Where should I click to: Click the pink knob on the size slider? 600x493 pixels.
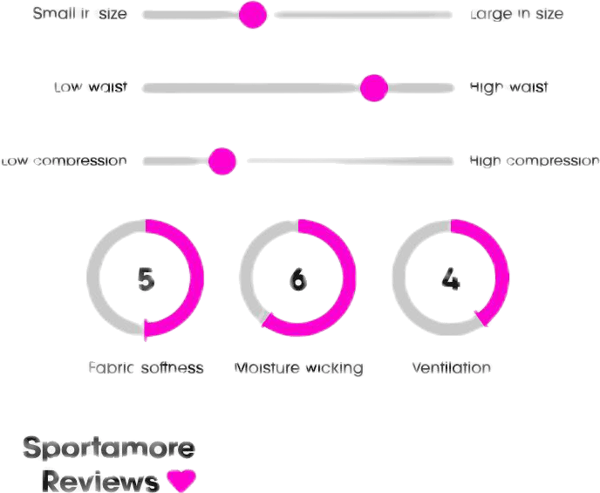tap(253, 15)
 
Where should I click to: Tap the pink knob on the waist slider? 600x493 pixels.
tap(374, 88)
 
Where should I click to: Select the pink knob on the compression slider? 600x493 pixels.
tap(222, 161)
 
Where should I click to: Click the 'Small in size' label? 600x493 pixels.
tap(79, 14)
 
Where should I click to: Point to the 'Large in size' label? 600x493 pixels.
tap(516, 14)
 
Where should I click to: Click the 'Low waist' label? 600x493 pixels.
tap(91, 87)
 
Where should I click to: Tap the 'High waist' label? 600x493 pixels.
tap(508, 87)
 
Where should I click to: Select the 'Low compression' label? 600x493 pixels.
tap(64, 161)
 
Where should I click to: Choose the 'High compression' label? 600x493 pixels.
tap(535, 161)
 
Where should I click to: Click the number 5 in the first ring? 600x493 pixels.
tap(146, 279)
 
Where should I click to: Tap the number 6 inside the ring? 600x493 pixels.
tap(298, 279)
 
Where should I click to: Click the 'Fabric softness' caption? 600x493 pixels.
tap(146, 368)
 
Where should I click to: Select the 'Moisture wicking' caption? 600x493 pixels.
tap(298, 368)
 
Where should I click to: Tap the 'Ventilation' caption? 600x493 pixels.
tap(452, 368)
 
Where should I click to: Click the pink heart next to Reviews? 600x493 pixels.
tap(181, 480)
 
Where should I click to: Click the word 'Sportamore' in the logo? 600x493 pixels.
tap(109, 448)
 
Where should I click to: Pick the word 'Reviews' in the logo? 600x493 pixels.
tap(100, 481)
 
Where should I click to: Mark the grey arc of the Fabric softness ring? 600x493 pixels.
tap(92, 277)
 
